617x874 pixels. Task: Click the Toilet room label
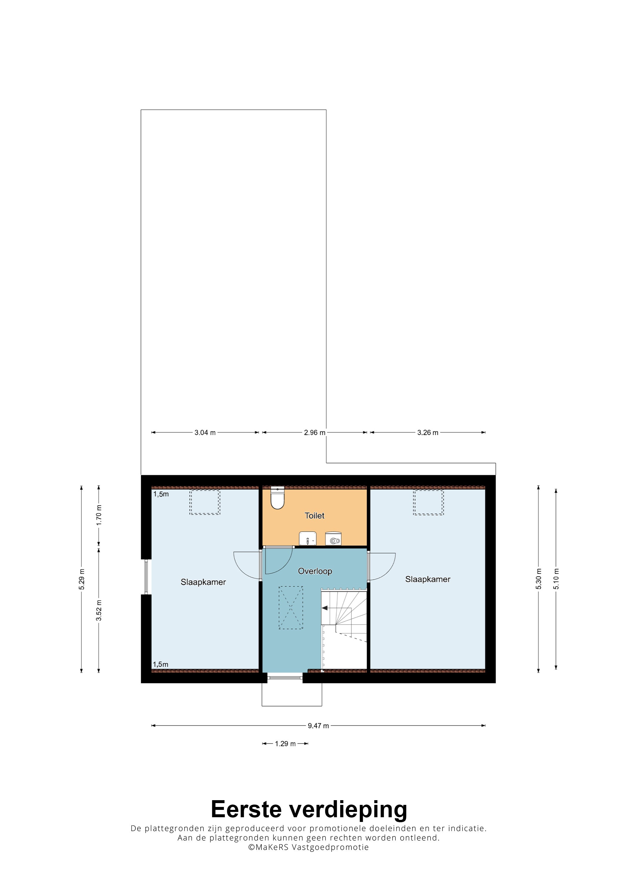(x=314, y=515)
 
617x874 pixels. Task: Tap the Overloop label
(x=315, y=571)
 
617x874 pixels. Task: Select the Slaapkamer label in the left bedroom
(x=203, y=582)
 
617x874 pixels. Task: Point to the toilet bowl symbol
(x=278, y=498)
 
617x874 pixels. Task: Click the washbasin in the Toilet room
(x=308, y=539)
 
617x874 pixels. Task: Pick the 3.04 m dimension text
(x=205, y=432)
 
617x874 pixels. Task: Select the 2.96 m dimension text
(x=314, y=432)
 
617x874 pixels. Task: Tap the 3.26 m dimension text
(x=428, y=432)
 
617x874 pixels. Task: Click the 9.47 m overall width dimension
(x=318, y=725)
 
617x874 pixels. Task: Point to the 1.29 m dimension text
(x=285, y=743)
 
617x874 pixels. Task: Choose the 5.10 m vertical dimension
(x=556, y=579)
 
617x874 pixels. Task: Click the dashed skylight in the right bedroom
(x=428, y=502)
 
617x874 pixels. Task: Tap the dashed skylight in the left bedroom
(x=204, y=502)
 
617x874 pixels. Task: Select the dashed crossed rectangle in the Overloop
(x=291, y=607)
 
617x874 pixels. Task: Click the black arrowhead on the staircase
(x=325, y=608)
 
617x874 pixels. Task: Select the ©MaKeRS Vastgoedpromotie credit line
(x=308, y=847)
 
